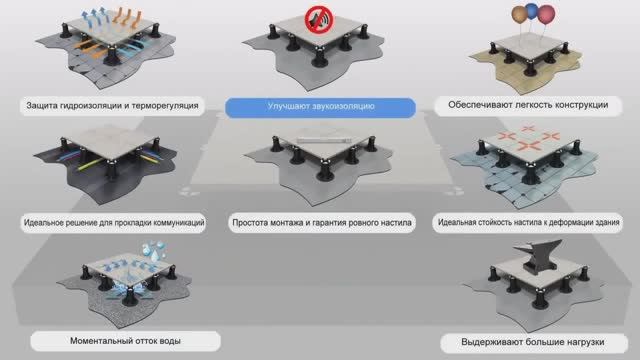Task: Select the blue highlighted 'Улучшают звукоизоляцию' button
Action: (x=320, y=104)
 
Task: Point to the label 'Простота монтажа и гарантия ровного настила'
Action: (x=320, y=220)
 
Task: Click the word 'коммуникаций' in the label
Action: (x=173, y=220)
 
